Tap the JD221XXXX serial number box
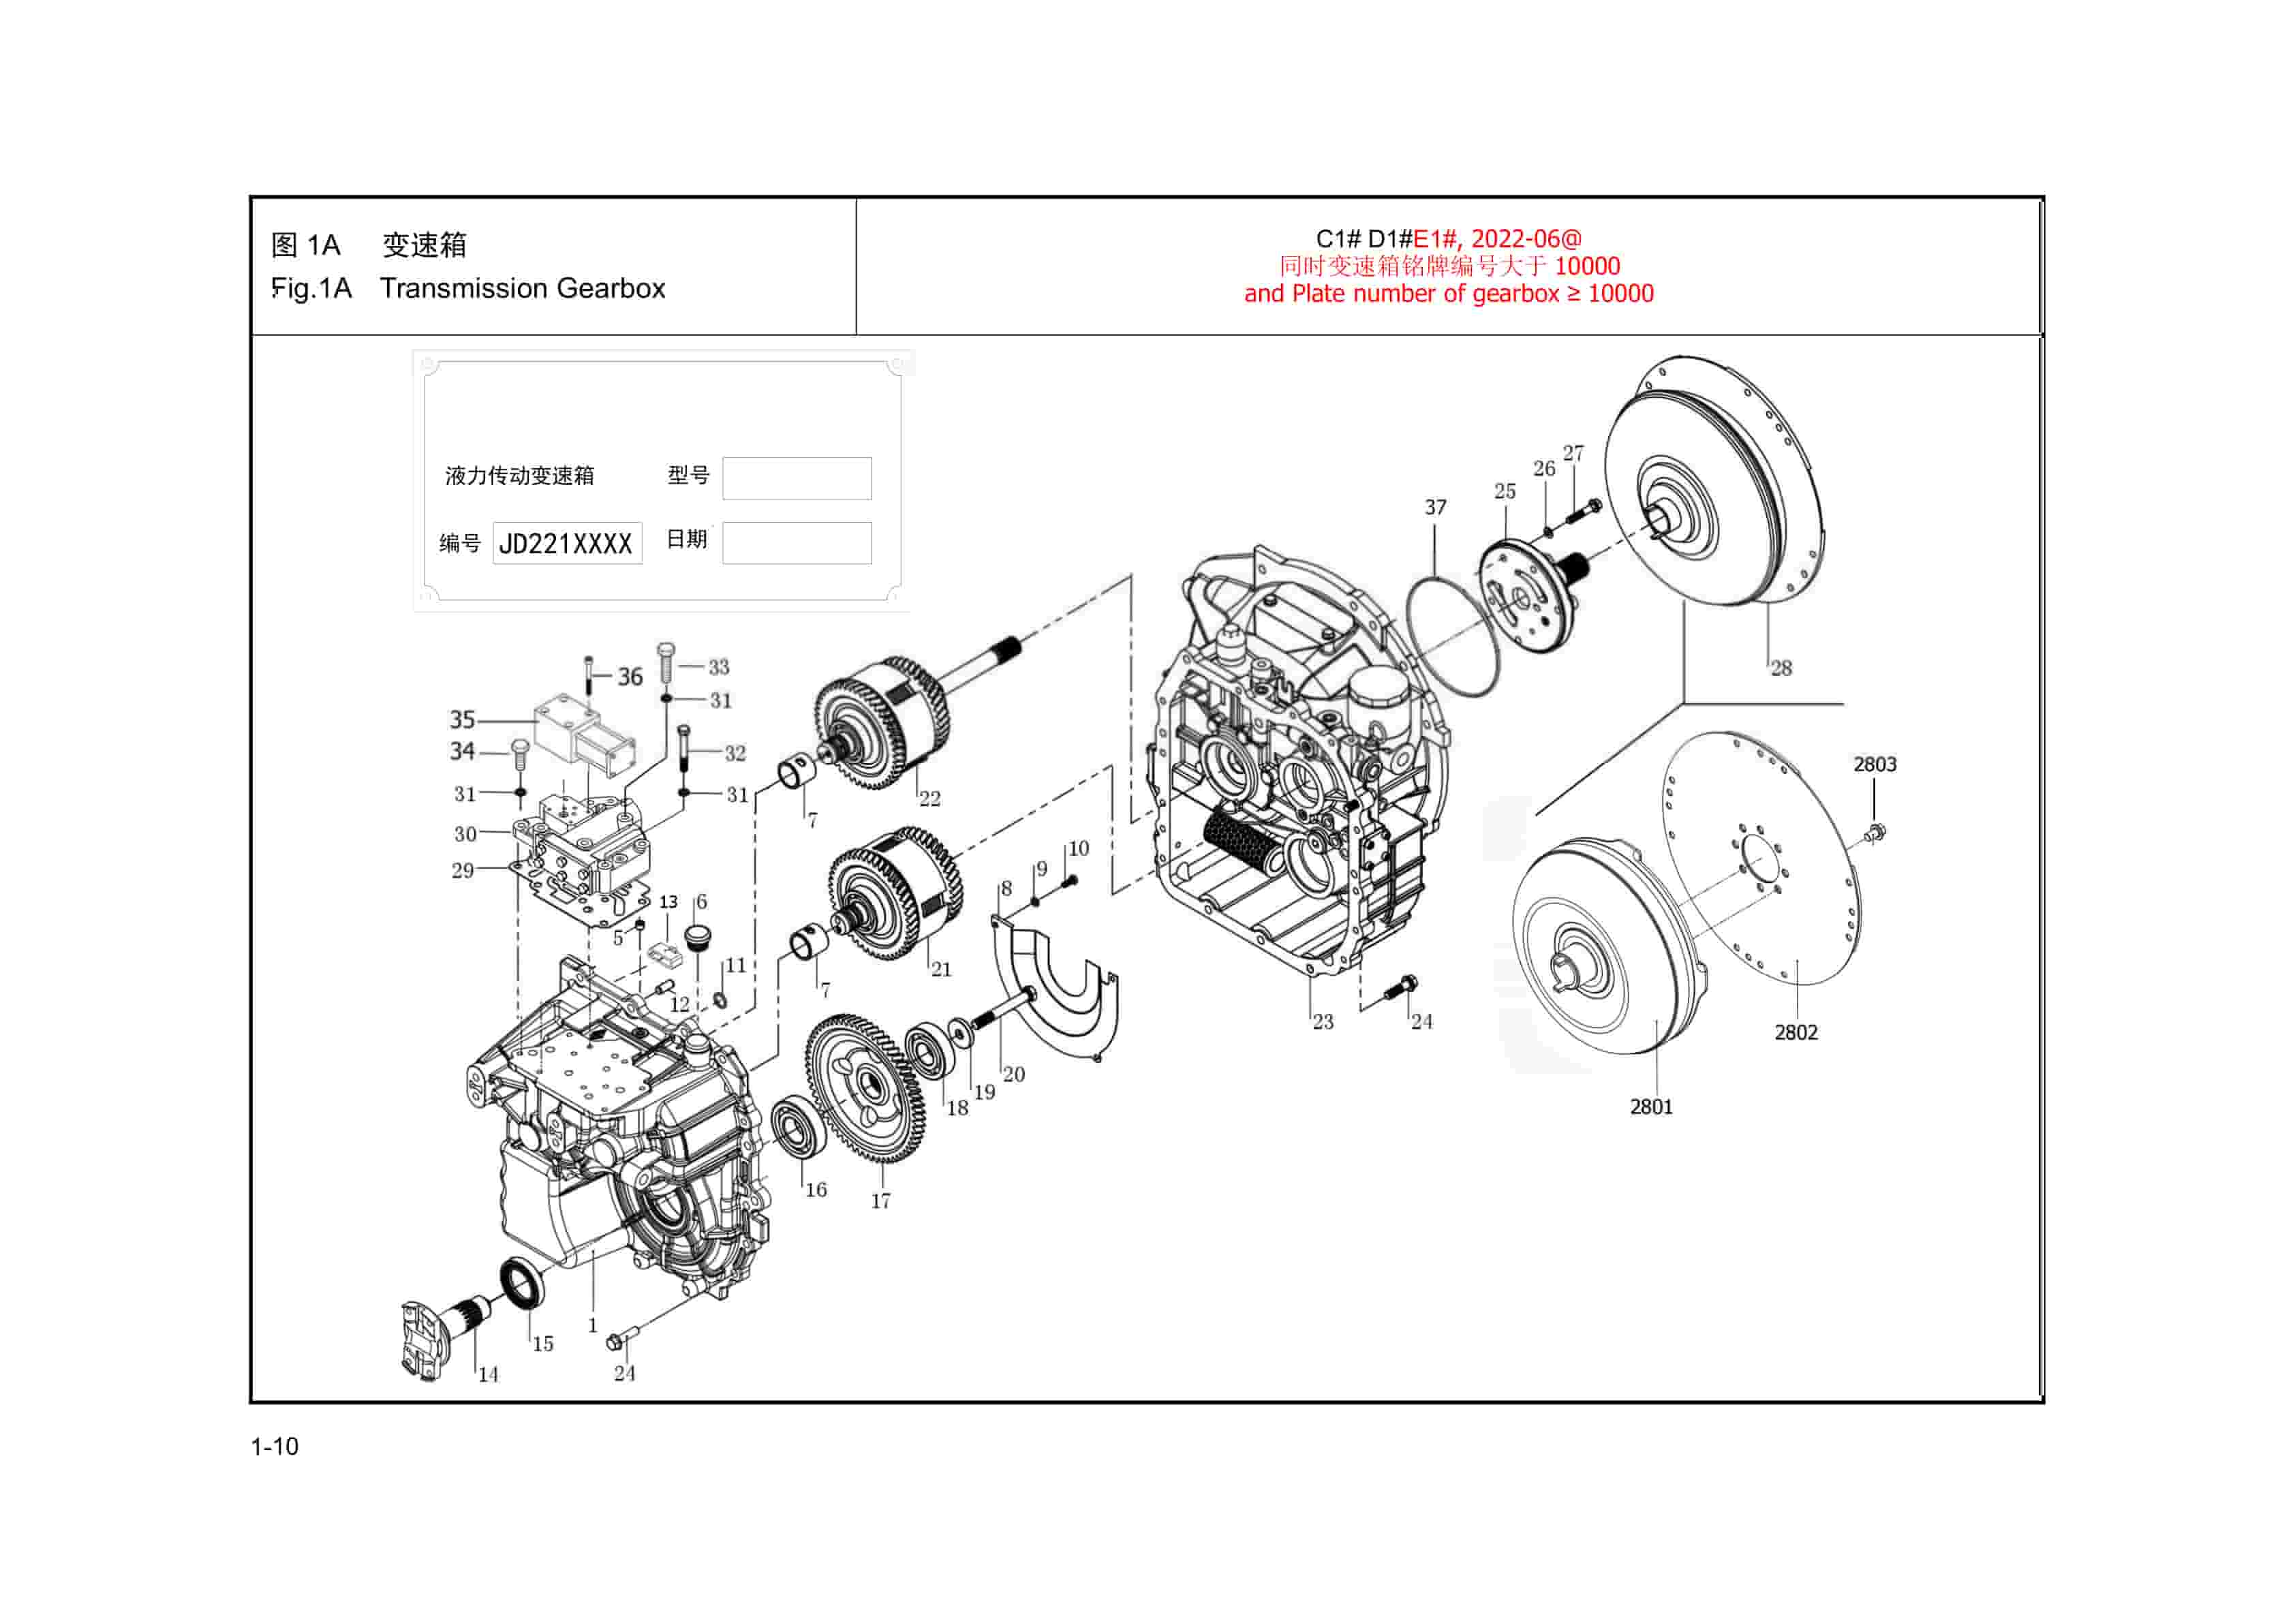pyautogui.click(x=567, y=544)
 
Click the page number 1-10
pyautogui.click(x=274, y=1446)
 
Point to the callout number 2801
pyautogui.click(x=1650, y=1107)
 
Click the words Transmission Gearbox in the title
pyautogui.click(x=522, y=289)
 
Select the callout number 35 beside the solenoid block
pyautogui.click(x=462, y=720)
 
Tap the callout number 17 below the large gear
pyautogui.click(x=880, y=1201)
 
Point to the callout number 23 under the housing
pyautogui.click(x=1323, y=1021)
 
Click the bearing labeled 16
pyautogui.click(x=798, y=1126)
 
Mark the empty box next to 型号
pyautogui.click(x=797, y=479)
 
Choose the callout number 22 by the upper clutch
pyautogui.click(x=929, y=799)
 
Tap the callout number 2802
pyautogui.click(x=1796, y=1032)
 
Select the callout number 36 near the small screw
pyautogui.click(x=630, y=677)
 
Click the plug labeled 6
pyautogui.click(x=696, y=940)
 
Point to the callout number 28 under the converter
pyautogui.click(x=1781, y=668)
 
